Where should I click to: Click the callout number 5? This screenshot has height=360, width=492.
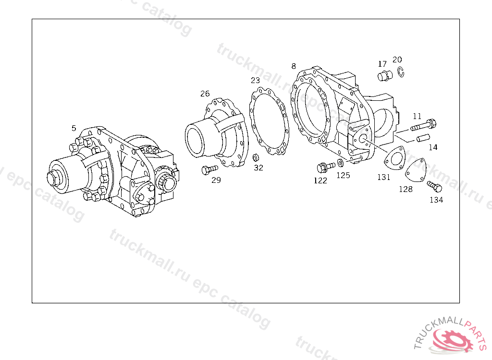74,128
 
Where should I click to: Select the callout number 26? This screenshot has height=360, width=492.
205,94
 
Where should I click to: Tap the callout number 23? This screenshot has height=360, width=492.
255,80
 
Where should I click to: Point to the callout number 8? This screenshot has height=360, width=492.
294,66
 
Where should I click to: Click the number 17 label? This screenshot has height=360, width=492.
382,64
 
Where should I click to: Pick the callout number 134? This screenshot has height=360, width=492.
436,200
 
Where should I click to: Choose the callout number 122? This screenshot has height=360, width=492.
320,180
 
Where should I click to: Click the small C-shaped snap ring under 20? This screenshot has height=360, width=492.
401,72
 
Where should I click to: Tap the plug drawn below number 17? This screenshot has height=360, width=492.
385,76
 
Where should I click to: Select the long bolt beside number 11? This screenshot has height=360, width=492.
423,125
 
